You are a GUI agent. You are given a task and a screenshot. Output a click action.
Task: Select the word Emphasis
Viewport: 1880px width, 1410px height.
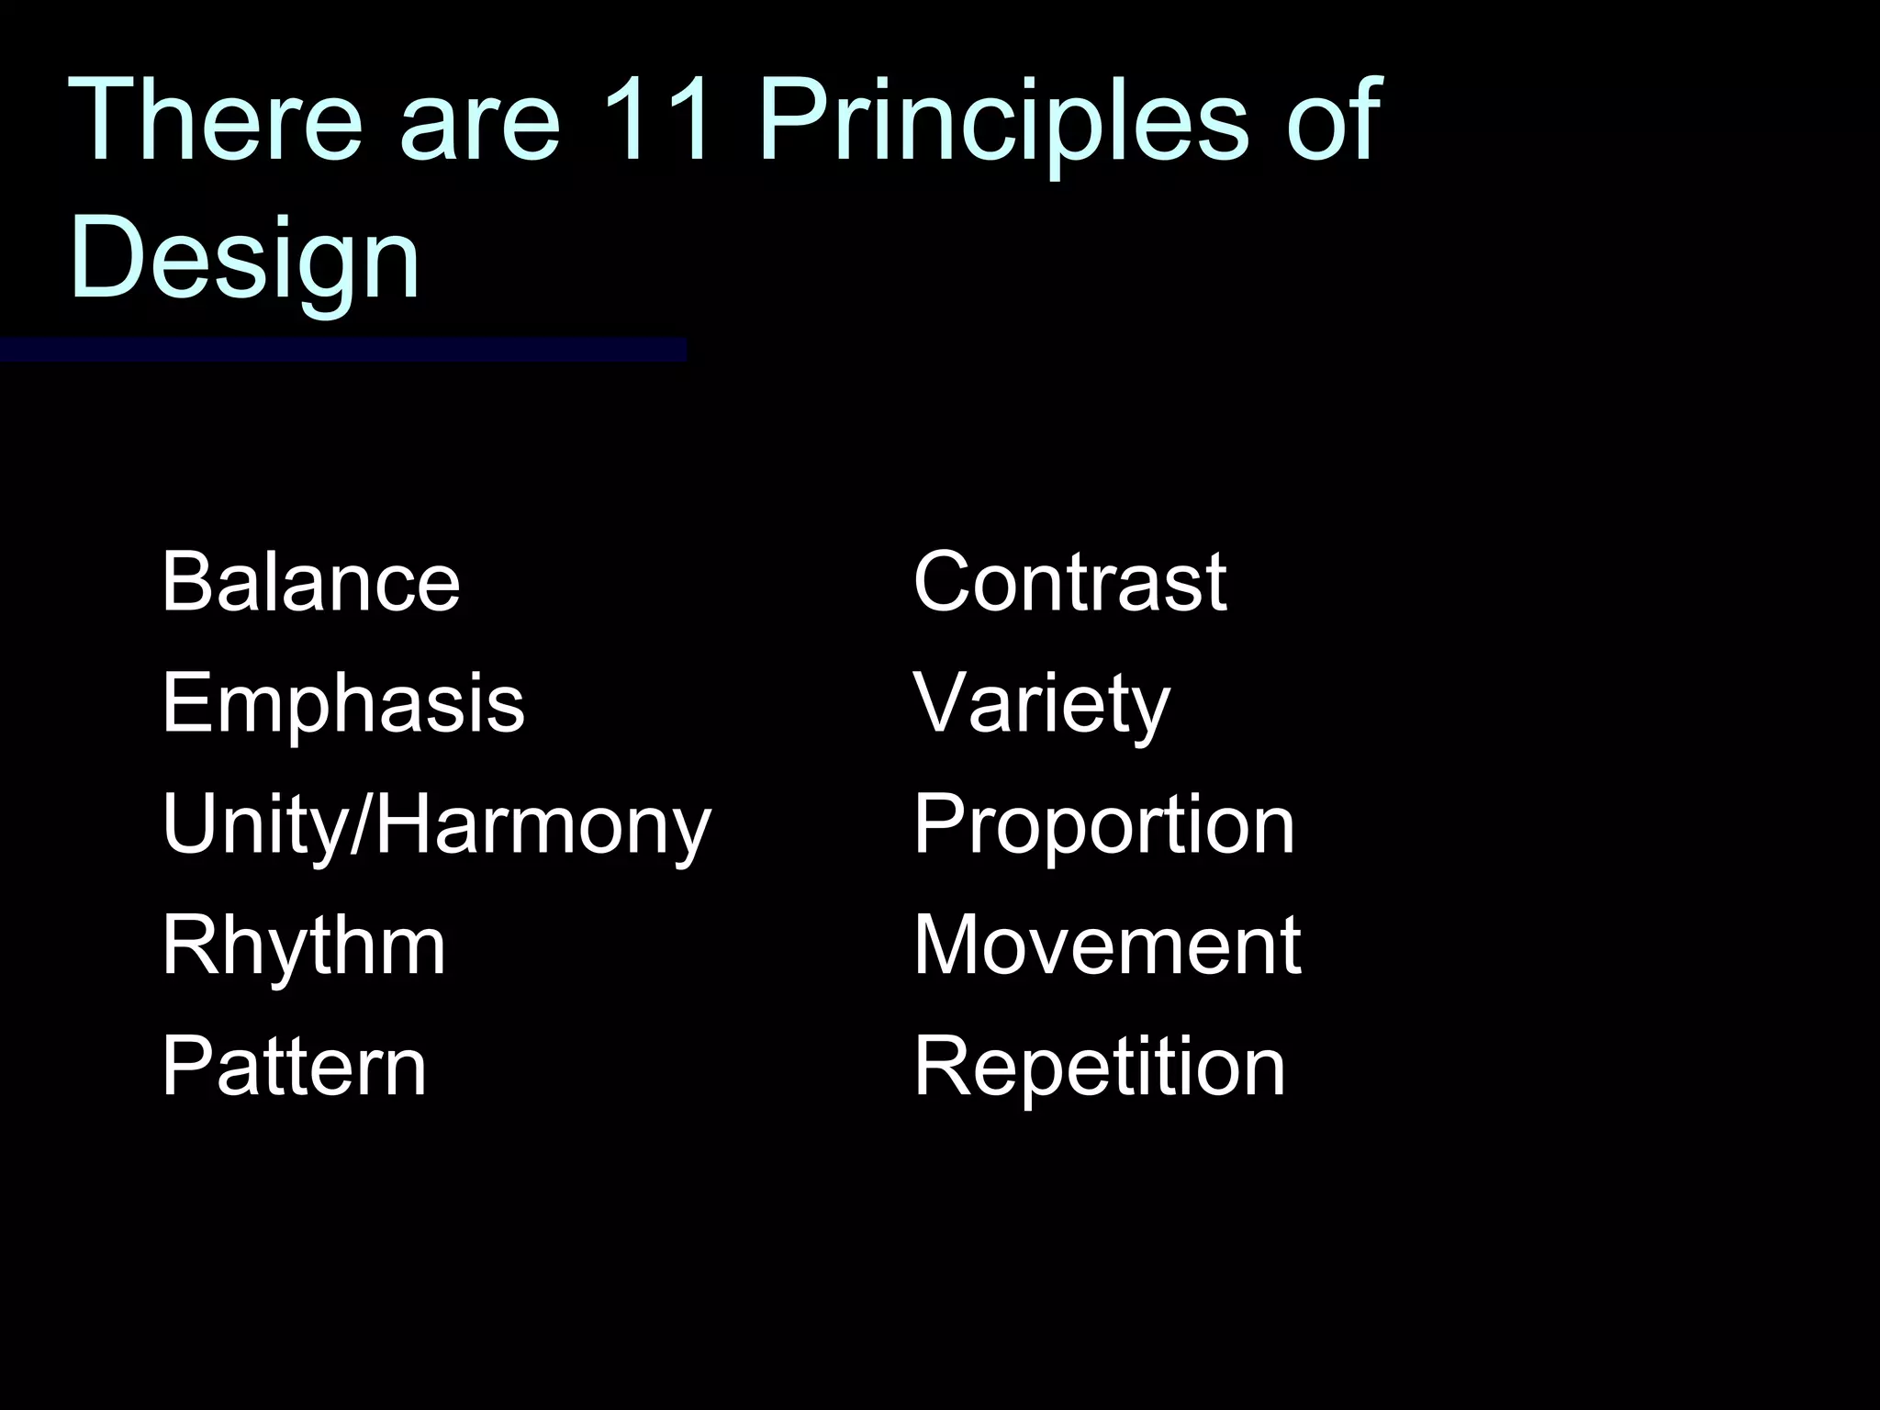click(x=342, y=703)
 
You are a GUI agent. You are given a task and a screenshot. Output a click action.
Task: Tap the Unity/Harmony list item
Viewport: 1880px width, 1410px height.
click(x=436, y=824)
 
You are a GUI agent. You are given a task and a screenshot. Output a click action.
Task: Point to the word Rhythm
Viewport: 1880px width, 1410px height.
click(x=303, y=946)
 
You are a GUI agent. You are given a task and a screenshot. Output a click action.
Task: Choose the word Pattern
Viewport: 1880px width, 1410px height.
click(x=294, y=1067)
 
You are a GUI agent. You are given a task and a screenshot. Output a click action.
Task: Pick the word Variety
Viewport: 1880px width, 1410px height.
click(x=1041, y=703)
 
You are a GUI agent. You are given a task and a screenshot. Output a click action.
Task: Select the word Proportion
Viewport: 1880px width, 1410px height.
click(x=1103, y=824)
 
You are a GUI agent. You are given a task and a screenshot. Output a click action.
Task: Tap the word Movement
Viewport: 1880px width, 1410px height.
click(x=1106, y=946)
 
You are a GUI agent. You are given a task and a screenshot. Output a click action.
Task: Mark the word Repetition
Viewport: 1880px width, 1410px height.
click(x=1099, y=1067)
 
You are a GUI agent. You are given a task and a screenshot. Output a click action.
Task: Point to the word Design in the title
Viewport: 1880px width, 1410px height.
click(x=244, y=257)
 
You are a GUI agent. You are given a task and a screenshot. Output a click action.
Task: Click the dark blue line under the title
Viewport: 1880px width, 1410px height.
click(x=342, y=350)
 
